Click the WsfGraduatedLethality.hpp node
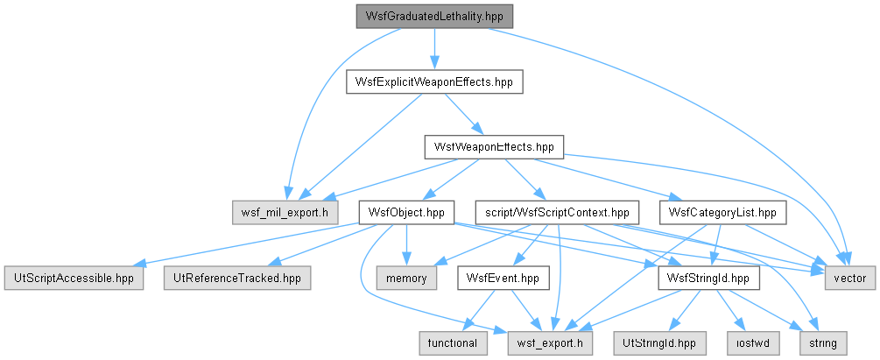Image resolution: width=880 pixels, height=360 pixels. pos(434,17)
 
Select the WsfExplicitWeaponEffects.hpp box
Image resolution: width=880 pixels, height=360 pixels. pos(434,82)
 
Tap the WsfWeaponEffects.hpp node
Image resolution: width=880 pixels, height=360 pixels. pos(494,147)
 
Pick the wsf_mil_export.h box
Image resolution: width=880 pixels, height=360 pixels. pos(285,214)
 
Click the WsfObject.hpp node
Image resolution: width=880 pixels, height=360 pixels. pos(406,213)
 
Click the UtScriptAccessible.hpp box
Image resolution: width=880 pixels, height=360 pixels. pos(74,279)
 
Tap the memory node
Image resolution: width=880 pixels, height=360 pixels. pos(406,279)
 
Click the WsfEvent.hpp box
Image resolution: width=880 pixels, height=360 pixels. pos(503,278)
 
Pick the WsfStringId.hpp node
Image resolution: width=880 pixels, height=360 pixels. pos(709,278)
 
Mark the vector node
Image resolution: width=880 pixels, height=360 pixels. pos(849,279)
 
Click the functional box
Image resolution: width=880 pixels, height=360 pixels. pos(453,343)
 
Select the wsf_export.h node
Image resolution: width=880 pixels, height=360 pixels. pos(550,343)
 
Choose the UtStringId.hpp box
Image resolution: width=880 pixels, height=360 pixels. pos(659,343)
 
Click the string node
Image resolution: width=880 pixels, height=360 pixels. pos(823,343)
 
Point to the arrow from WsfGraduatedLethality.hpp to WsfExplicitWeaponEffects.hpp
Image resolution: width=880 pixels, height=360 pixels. pos(434,49)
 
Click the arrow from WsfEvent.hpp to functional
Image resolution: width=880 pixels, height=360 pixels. pos(480,311)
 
